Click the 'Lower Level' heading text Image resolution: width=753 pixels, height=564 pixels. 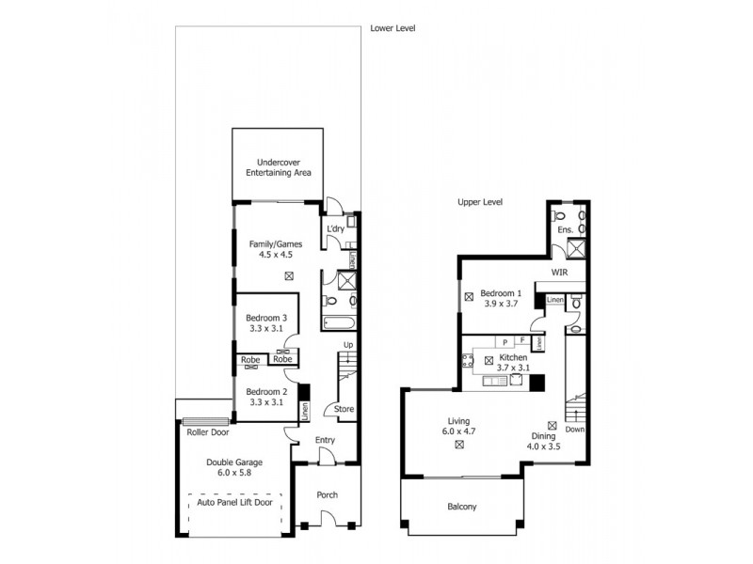pos(393,29)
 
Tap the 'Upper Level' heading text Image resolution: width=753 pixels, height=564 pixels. pos(479,202)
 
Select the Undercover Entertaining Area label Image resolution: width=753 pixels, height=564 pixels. pos(279,168)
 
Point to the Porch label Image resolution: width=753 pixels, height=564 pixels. pos(327,495)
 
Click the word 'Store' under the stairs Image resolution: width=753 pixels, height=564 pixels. pos(344,409)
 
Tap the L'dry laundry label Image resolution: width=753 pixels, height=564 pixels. pos(335,229)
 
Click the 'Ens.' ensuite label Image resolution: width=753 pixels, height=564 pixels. pos(566,229)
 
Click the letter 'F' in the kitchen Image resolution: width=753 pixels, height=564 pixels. pos(522,341)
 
